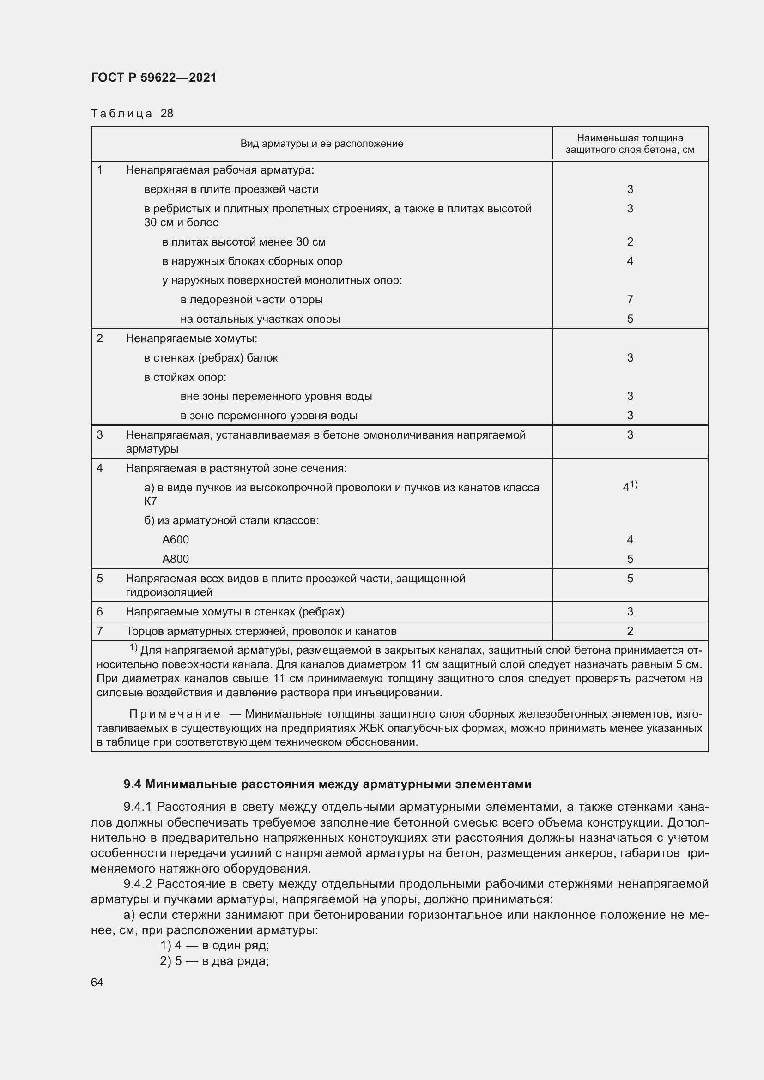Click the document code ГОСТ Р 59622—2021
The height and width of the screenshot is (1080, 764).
tap(154, 78)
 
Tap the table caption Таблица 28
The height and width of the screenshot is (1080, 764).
tap(132, 114)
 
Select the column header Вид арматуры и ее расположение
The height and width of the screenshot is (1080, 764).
tap(321, 144)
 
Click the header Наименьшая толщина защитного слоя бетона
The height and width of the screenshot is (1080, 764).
tap(630, 144)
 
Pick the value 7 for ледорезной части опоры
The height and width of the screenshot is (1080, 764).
tap(630, 299)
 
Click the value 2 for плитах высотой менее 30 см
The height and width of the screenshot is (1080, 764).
tap(630, 242)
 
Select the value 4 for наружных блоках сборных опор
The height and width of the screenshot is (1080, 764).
tap(630, 261)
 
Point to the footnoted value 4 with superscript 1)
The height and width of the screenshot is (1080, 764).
tap(629, 487)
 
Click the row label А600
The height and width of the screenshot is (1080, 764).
tap(176, 539)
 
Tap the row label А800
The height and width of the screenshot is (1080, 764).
tap(176, 559)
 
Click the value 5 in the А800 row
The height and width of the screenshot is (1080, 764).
tap(630, 559)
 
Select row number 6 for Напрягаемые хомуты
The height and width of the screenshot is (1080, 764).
tap(100, 611)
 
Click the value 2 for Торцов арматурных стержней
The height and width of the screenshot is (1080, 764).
tap(630, 631)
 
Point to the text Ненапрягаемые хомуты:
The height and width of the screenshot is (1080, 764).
tap(192, 338)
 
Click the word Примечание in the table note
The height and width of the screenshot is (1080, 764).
tap(175, 714)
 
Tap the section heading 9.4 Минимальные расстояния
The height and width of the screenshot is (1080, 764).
tap(327, 784)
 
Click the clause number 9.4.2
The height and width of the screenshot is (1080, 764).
tap(137, 884)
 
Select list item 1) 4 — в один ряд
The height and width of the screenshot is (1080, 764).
tap(214, 946)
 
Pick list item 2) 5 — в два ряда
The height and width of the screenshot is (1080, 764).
tap(214, 961)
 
